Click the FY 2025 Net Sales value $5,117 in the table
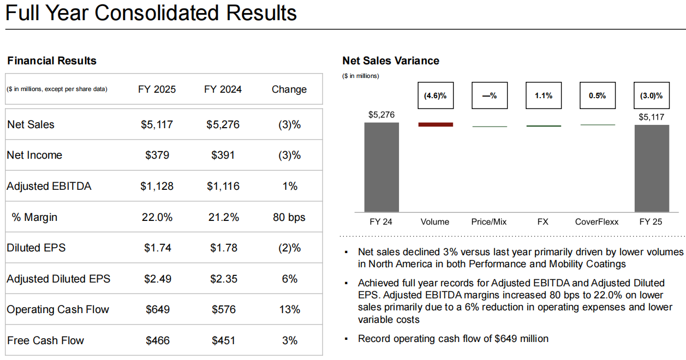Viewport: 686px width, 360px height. pyautogui.click(x=157, y=124)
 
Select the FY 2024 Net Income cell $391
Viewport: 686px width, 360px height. pyautogui.click(x=223, y=155)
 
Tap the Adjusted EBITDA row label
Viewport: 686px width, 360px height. pyautogui.click(x=49, y=186)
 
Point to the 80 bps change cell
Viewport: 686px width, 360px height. pyautogui.click(x=289, y=217)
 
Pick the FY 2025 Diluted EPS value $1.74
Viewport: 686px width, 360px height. pyautogui.click(x=157, y=248)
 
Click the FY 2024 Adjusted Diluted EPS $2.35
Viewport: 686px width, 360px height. pyautogui.click(x=223, y=279)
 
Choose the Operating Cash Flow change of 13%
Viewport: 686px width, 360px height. pyautogui.click(x=289, y=309)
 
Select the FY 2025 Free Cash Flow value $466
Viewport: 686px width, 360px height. pyautogui.click(x=158, y=340)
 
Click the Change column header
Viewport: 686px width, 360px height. pyautogui.click(x=289, y=89)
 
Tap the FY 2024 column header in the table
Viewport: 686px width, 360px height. pyautogui.click(x=223, y=89)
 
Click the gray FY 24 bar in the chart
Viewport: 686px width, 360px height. pyautogui.click(x=381, y=167)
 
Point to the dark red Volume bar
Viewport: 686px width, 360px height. pyautogui.click(x=436, y=124)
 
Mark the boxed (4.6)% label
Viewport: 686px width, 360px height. pyautogui.click(x=435, y=95)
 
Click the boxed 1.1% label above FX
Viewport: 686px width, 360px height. pyautogui.click(x=543, y=95)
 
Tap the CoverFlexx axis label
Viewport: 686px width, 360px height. pyautogui.click(x=596, y=221)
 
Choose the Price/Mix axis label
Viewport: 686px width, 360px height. pyautogui.click(x=489, y=221)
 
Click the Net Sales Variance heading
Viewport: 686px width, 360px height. pyautogui.click(x=390, y=61)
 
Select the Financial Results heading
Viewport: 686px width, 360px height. pyautogui.click(x=52, y=61)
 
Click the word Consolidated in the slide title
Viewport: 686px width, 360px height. pyautogui.click(x=154, y=13)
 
